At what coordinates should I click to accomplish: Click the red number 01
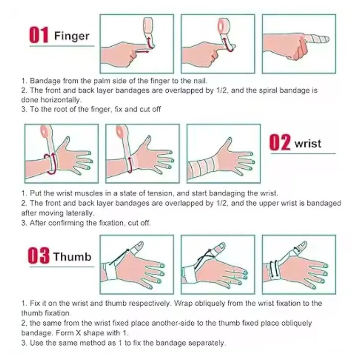point(39,35)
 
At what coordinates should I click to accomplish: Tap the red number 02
point(280,142)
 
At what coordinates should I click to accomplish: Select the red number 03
point(39,256)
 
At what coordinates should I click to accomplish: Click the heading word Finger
point(72,36)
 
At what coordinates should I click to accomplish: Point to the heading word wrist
point(308,144)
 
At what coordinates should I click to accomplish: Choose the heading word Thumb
point(72,256)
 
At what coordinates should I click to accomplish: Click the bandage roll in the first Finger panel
point(148,25)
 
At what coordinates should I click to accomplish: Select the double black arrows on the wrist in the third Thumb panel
point(274,269)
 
